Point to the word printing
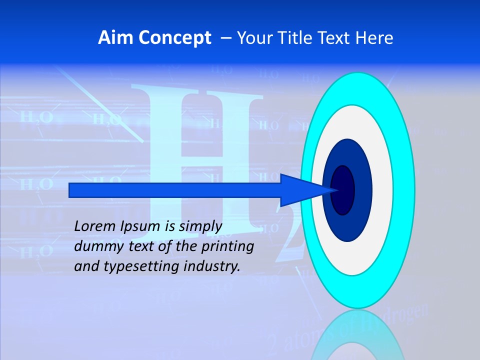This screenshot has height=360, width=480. point(227,246)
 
